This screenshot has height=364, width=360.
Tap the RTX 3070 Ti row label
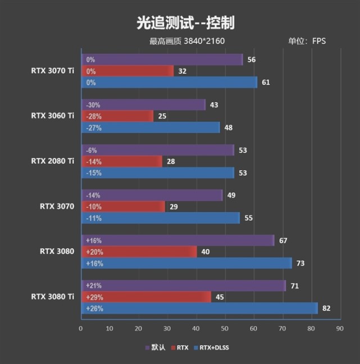pos(53,71)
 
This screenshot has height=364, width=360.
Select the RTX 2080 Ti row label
pos(53,161)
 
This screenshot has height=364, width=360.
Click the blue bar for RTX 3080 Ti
pos(199,308)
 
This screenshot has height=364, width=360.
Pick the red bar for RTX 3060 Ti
pos(117,116)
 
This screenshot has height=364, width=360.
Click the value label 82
pos(326,308)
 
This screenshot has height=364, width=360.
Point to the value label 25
pos(162,116)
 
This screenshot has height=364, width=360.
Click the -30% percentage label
pos(93,104)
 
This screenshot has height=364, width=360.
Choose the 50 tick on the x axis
pos(225,329)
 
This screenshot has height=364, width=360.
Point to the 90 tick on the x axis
pos(339,329)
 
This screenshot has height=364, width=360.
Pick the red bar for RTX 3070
pos(124,207)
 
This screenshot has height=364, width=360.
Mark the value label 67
pos(283,240)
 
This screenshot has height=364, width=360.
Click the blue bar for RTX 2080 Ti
pos(158,172)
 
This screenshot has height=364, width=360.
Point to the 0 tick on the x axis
pos(81,329)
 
